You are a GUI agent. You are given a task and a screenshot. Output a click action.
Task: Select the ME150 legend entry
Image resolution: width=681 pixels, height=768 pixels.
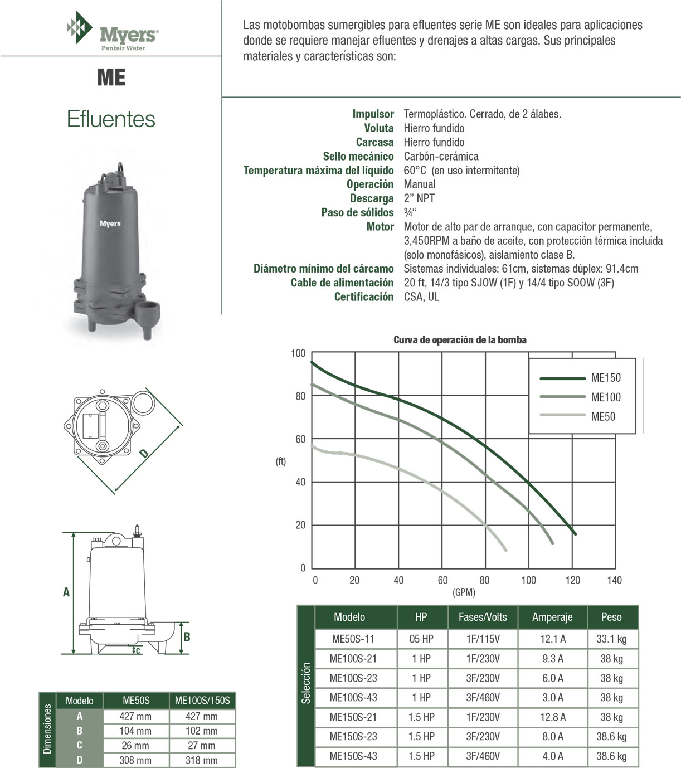[x=605, y=378]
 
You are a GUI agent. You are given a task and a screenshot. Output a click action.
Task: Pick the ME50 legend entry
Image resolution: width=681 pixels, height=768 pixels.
[x=602, y=416]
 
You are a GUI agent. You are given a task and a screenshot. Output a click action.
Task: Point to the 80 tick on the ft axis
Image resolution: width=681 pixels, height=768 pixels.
[x=300, y=396]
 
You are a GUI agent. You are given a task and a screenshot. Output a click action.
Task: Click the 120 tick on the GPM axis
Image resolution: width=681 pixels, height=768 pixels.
[x=572, y=580]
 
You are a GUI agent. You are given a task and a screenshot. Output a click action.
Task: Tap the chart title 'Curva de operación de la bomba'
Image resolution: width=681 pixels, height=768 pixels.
[x=460, y=340]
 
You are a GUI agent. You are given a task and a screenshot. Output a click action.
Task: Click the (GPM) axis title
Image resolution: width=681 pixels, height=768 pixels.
[x=464, y=592]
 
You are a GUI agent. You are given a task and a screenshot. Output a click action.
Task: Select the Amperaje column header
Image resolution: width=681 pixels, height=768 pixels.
[x=552, y=617]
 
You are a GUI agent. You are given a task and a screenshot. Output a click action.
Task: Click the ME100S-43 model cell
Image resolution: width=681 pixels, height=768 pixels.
[x=353, y=698]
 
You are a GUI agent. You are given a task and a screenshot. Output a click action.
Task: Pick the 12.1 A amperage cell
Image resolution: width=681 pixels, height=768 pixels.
[x=552, y=639]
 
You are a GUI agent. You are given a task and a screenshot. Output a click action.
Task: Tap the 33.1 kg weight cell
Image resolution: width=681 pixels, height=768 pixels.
[x=611, y=639]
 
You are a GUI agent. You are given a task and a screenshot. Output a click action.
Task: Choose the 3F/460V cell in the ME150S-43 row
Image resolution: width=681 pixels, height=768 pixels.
[x=483, y=756]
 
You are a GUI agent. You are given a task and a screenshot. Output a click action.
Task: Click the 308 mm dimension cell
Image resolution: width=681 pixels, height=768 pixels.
[x=135, y=760]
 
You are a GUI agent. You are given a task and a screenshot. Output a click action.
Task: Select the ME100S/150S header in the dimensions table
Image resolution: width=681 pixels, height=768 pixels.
[x=202, y=701]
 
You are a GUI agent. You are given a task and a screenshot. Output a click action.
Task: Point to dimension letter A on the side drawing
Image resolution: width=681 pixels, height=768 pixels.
[x=66, y=592]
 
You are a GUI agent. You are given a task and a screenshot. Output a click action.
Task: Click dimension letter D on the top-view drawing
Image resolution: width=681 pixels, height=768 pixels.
[x=144, y=454]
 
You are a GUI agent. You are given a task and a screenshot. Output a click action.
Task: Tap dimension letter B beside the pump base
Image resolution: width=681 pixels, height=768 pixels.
[x=187, y=636]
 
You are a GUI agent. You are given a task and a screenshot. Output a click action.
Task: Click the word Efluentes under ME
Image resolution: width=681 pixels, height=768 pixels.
[x=111, y=119]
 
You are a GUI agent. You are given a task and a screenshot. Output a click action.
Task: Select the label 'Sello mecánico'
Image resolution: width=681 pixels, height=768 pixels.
[x=358, y=156]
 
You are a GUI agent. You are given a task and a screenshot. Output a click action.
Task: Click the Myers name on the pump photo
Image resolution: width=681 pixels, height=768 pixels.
[x=110, y=223]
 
